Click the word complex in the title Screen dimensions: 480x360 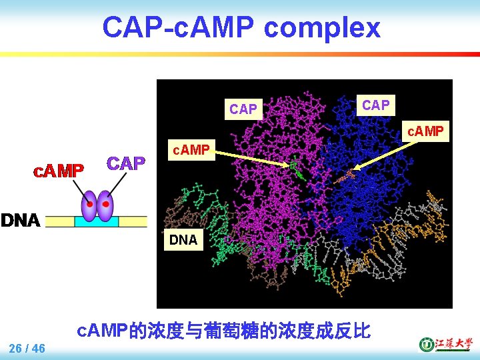[322, 29]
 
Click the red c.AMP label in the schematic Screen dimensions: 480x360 [59, 171]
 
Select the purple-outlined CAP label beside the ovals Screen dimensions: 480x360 [126, 163]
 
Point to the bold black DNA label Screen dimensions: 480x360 [21, 221]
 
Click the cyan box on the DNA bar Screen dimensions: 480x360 [96, 222]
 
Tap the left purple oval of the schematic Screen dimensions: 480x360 [89, 206]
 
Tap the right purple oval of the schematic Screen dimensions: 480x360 [105, 206]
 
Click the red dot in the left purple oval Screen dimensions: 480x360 [89, 204]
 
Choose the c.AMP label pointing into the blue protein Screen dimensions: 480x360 [425, 131]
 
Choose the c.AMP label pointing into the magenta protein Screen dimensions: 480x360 [191, 150]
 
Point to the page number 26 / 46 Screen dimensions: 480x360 [27, 348]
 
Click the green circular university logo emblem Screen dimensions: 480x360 [425, 344]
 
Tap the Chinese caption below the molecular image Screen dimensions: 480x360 [223, 330]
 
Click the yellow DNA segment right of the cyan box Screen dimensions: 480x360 [133, 222]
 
